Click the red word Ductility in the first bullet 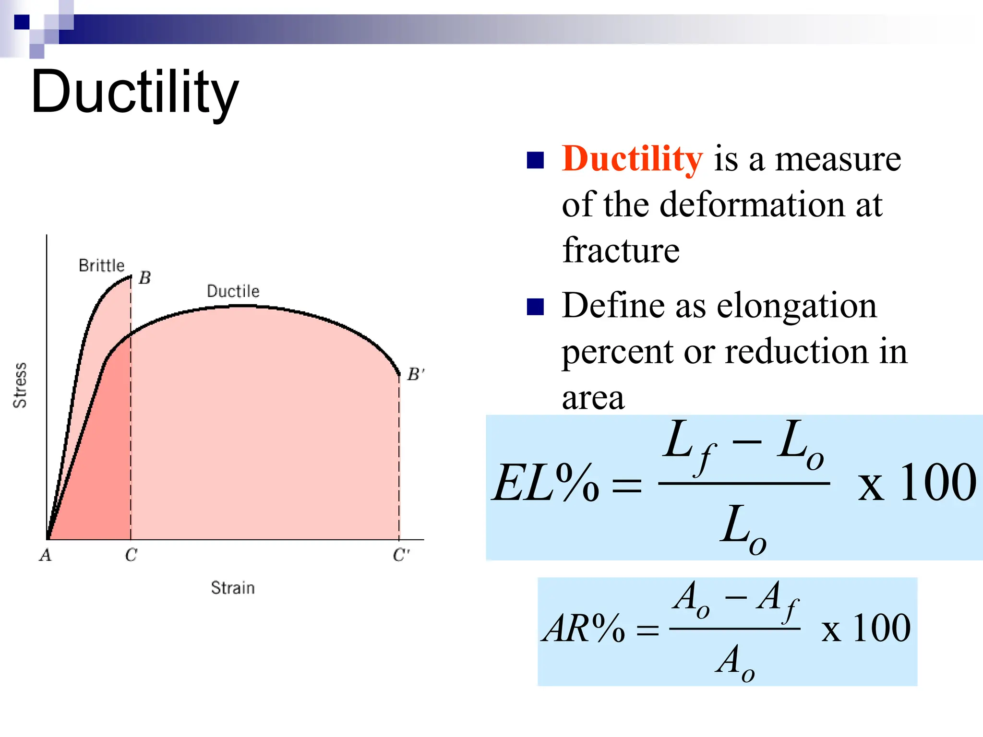632,159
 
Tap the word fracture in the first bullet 621,250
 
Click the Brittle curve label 101,265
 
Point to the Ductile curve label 233,291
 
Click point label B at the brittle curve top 144,278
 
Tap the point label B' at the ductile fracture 415,375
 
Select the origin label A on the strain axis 46,555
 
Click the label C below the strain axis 131,555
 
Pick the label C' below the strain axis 401,555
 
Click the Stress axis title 20,385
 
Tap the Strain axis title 233,588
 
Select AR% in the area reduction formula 583,629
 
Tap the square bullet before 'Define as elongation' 535,307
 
